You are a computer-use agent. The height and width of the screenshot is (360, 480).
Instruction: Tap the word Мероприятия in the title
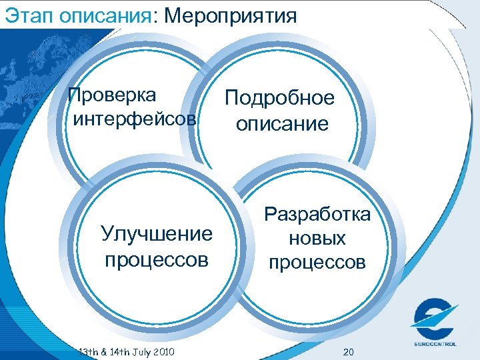(229, 15)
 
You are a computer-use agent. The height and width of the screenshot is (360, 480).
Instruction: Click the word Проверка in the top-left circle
(113, 95)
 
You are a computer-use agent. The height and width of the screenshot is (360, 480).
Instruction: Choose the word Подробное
(279, 99)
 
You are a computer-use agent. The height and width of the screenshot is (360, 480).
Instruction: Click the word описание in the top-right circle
(281, 124)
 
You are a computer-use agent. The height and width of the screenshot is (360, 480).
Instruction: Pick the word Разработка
(317, 215)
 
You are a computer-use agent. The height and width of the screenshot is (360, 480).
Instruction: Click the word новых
(318, 238)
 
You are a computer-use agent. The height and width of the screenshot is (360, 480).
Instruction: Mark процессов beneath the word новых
(317, 263)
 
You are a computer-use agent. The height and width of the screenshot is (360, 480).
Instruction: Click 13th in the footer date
(87, 351)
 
